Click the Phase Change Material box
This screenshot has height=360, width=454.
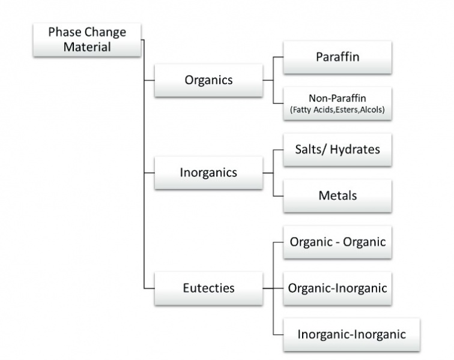[x=88, y=39]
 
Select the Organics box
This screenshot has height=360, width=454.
[x=208, y=79]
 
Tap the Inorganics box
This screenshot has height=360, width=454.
[x=208, y=173]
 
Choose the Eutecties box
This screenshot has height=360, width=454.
[x=208, y=288]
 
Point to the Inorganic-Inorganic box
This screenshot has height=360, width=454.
[x=351, y=334]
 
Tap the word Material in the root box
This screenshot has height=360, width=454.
[x=88, y=47]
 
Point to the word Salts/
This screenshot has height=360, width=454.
[x=310, y=149]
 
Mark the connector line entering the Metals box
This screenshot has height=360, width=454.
[x=278, y=196]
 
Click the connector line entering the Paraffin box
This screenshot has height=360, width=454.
[x=278, y=57]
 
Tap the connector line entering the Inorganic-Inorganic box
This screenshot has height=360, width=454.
[x=278, y=334]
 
